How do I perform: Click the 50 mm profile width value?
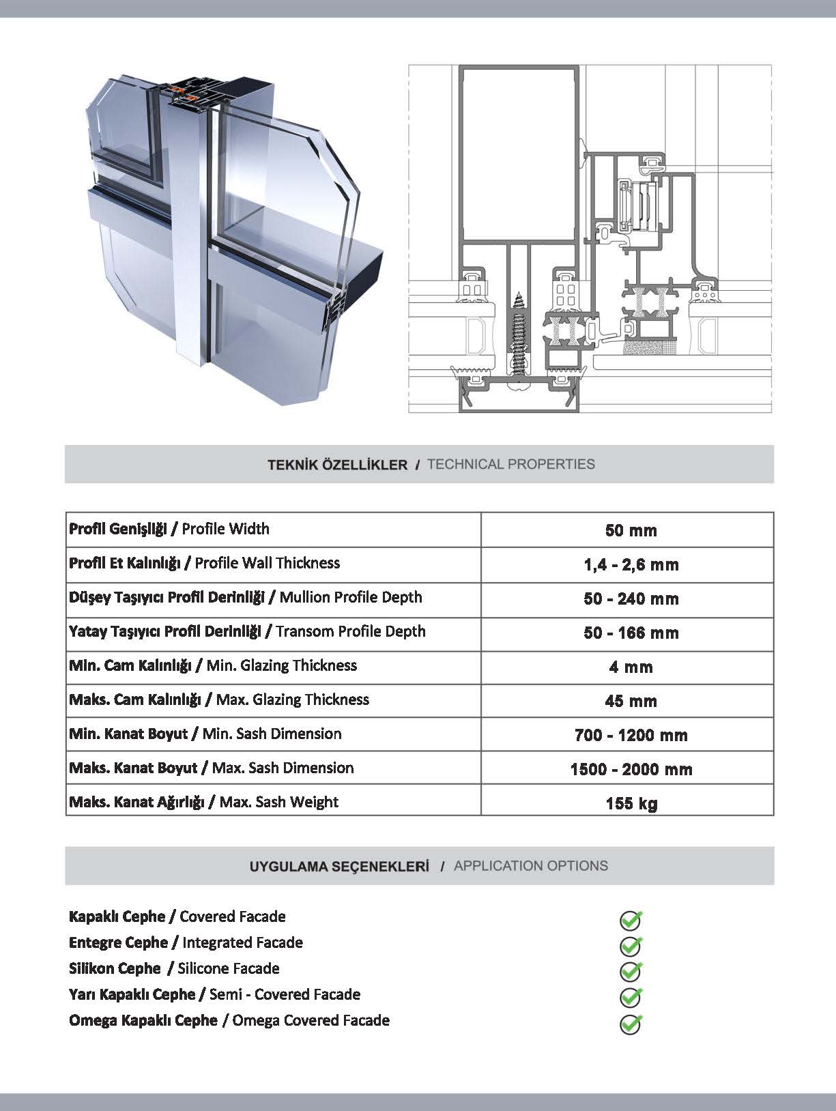pos(631,530)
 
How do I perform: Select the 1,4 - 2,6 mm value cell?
pos(631,564)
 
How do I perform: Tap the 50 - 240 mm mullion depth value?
pos(631,598)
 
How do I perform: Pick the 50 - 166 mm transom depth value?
pos(631,633)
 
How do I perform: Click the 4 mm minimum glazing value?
pos(631,667)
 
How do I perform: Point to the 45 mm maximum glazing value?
pos(631,701)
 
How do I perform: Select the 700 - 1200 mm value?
pos(631,735)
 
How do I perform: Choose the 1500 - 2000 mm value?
pos(631,769)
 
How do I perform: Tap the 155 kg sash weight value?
pos(631,803)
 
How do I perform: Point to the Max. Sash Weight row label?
pos(203,802)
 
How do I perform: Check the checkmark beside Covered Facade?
pos(631,920)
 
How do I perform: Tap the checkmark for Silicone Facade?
pos(631,971)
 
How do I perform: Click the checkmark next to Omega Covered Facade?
pos(631,1023)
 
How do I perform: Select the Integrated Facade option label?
pos(186,942)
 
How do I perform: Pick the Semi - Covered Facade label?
pos(214,994)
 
